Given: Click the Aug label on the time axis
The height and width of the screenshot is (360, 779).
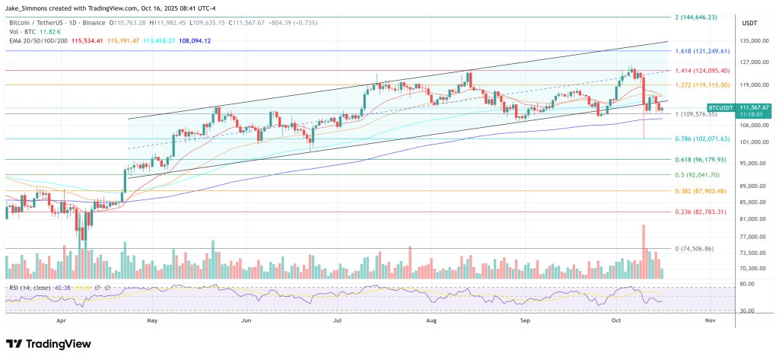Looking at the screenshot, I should (x=431, y=322).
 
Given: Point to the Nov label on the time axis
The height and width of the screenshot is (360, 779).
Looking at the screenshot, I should (x=710, y=322).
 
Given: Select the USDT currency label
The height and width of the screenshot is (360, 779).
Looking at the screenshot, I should (x=750, y=23).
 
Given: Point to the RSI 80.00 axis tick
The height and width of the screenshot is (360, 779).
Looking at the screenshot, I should (x=746, y=284).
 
